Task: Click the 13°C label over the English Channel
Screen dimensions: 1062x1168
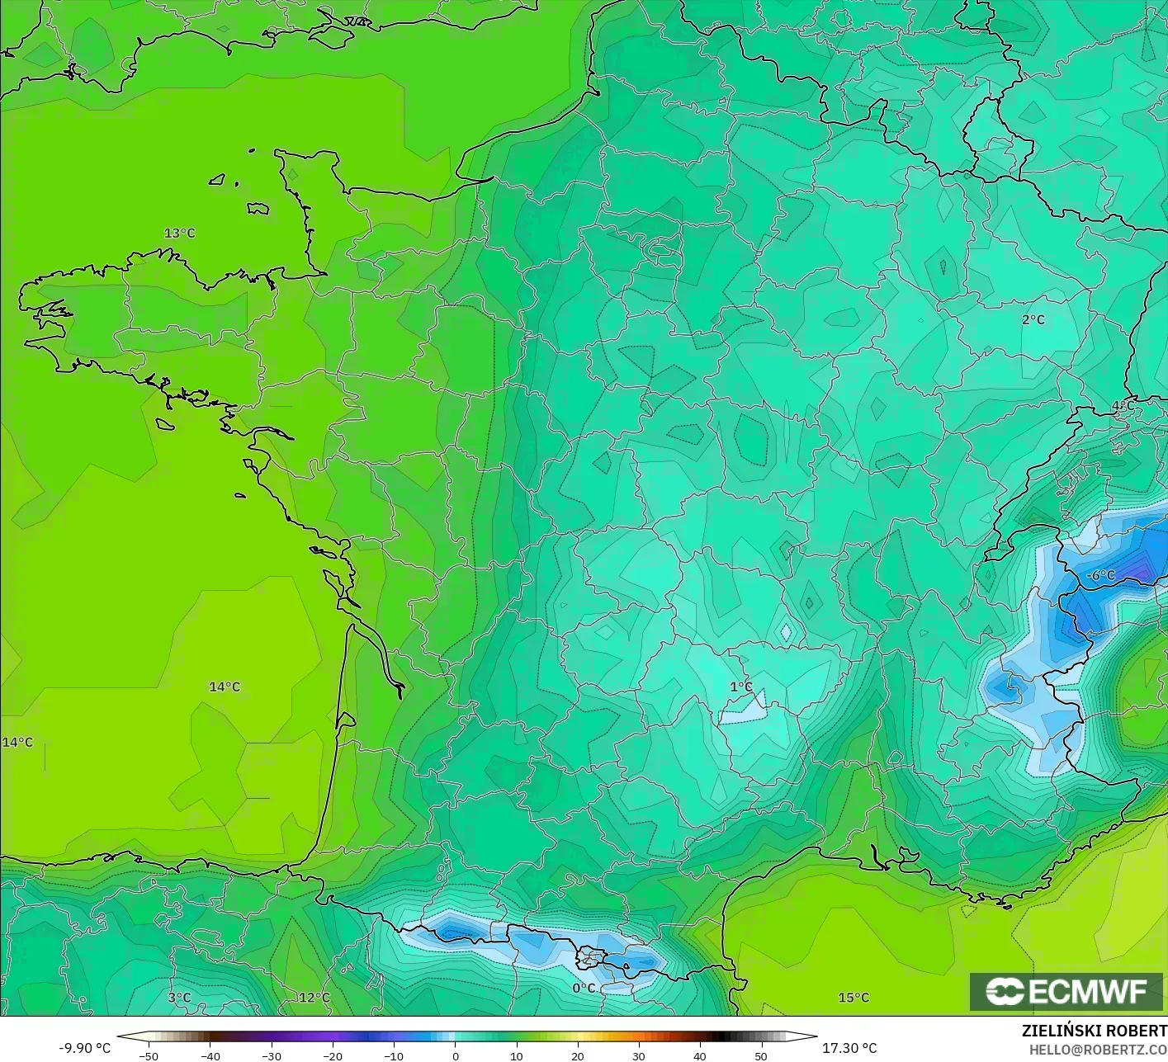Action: [x=180, y=234]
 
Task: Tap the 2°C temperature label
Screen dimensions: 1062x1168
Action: [x=1033, y=320]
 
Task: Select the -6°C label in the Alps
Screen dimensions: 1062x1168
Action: [x=1100, y=575]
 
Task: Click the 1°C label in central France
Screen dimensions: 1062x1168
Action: [x=741, y=687]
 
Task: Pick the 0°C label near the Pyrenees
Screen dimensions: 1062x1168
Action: [x=584, y=988]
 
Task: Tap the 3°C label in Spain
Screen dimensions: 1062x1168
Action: [x=179, y=998]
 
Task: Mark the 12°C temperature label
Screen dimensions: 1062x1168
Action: [x=314, y=998]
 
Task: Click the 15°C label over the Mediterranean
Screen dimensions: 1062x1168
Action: [x=854, y=998]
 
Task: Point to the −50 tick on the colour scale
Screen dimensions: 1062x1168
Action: [x=149, y=1055]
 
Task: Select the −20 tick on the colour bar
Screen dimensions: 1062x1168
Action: [x=332, y=1055]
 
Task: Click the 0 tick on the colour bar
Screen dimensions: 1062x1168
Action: [x=455, y=1055]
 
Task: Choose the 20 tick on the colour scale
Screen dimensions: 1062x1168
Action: [x=577, y=1055]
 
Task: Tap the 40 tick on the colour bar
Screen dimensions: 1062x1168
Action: [x=699, y=1055]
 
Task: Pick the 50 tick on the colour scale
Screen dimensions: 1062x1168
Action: [x=760, y=1055]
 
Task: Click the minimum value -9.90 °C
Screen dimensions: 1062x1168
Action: [x=84, y=1048]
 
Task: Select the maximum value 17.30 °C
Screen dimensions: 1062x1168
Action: [x=849, y=1048]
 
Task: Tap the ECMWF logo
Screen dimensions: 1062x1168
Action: [x=1066, y=991]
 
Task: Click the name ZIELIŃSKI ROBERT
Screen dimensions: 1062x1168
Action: [x=1094, y=1031]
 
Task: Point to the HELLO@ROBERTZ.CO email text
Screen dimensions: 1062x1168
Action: [x=1098, y=1049]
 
